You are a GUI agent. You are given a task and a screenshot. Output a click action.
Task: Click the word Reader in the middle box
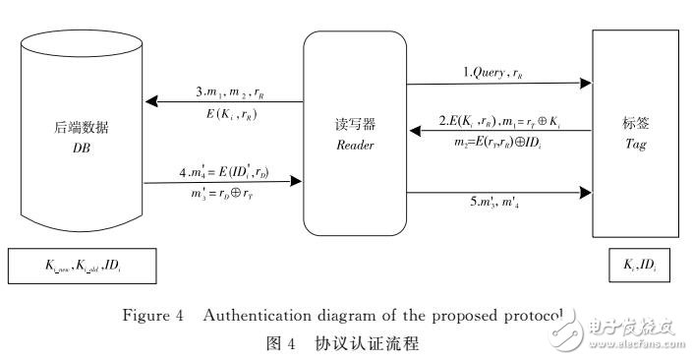(x=353, y=147)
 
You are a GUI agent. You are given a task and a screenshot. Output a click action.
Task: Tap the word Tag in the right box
(x=633, y=143)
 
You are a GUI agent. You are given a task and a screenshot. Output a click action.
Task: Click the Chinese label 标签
(x=634, y=126)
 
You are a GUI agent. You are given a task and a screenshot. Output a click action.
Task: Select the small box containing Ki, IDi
(x=633, y=266)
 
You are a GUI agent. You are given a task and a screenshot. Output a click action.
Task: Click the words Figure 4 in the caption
(x=178, y=316)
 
